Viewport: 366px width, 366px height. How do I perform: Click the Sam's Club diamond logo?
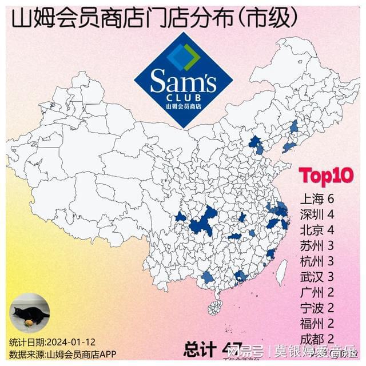click(x=183, y=80)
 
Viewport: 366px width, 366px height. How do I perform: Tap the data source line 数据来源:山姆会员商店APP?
click(x=62, y=355)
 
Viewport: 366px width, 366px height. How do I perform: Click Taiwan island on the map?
click(x=281, y=272)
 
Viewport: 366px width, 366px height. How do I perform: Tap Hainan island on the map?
click(x=214, y=307)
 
